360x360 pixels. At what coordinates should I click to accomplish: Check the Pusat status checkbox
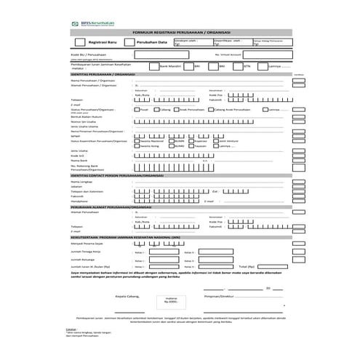pos(136,108)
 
